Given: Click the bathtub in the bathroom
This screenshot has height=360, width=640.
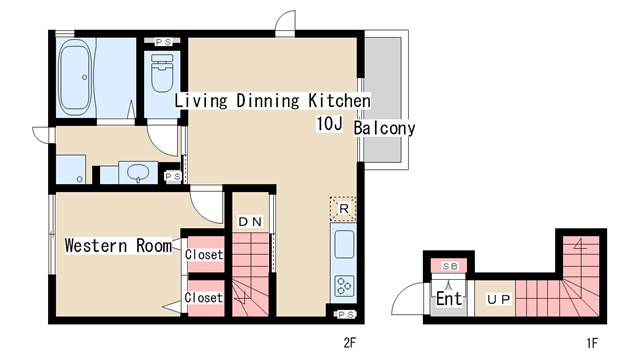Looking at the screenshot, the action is [x=75, y=78].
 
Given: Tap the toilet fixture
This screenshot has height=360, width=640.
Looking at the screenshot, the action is [x=162, y=73].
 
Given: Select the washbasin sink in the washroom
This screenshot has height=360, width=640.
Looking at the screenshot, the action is [x=138, y=173].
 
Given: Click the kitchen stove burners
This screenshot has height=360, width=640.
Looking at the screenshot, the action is [x=344, y=286].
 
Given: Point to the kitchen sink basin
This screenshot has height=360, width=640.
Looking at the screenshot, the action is [x=344, y=244].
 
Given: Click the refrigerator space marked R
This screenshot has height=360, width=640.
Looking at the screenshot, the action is [x=343, y=209].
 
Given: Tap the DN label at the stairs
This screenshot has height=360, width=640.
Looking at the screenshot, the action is [x=250, y=222].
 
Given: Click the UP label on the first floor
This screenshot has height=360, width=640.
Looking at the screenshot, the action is [x=498, y=299].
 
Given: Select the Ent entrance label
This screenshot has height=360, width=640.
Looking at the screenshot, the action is [x=449, y=298].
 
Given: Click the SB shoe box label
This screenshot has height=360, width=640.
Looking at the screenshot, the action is [x=450, y=266].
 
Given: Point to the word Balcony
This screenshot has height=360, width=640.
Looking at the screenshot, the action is [x=384, y=128].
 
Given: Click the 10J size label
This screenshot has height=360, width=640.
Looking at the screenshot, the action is [x=329, y=124].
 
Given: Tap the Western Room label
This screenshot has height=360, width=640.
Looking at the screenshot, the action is [x=118, y=246].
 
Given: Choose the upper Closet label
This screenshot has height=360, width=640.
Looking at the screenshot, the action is [x=204, y=254].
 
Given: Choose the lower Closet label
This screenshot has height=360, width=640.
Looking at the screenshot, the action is [x=203, y=297].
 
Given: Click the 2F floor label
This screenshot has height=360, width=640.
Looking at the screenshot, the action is [x=350, y=343].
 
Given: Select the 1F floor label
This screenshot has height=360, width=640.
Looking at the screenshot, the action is [x=592, y=343].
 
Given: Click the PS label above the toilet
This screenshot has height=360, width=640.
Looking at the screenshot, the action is [x=163, y=42].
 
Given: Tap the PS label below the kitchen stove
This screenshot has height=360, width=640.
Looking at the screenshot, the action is [x=345, y=314].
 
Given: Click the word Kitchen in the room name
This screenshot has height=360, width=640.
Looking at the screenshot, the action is [x=339, y=100].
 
